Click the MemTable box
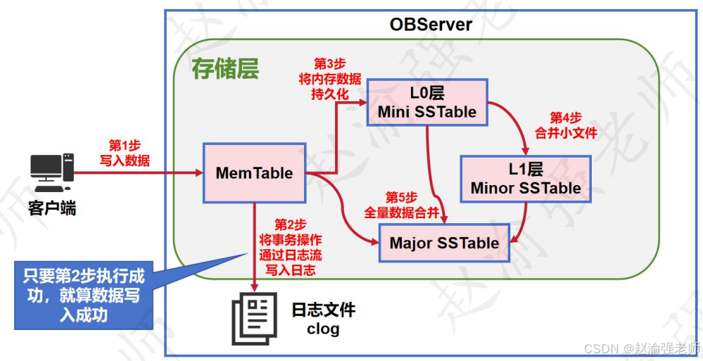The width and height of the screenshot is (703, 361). click(254, 172)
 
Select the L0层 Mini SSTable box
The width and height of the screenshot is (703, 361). click(427, 102)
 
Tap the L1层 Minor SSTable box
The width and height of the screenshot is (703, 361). click(526, 178)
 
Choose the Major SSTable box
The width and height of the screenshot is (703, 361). click(444, 243)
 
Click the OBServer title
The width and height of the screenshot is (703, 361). click(431, 24)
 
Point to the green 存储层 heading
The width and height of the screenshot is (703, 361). click(225, 70)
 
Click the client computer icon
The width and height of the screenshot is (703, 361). click(52, 172)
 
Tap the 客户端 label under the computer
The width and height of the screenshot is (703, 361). click(52, 208)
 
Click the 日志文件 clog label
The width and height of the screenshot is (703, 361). click(323, 319)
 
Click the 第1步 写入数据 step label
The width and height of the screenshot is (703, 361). click(125, 153)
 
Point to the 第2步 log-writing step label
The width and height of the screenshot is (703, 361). click(290, 246)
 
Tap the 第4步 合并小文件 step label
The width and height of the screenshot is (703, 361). click(566, 126)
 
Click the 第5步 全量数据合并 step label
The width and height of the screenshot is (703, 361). click(401, 205)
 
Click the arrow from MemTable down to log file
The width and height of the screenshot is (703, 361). click(255, 246)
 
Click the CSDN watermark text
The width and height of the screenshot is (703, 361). click(642, 348)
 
